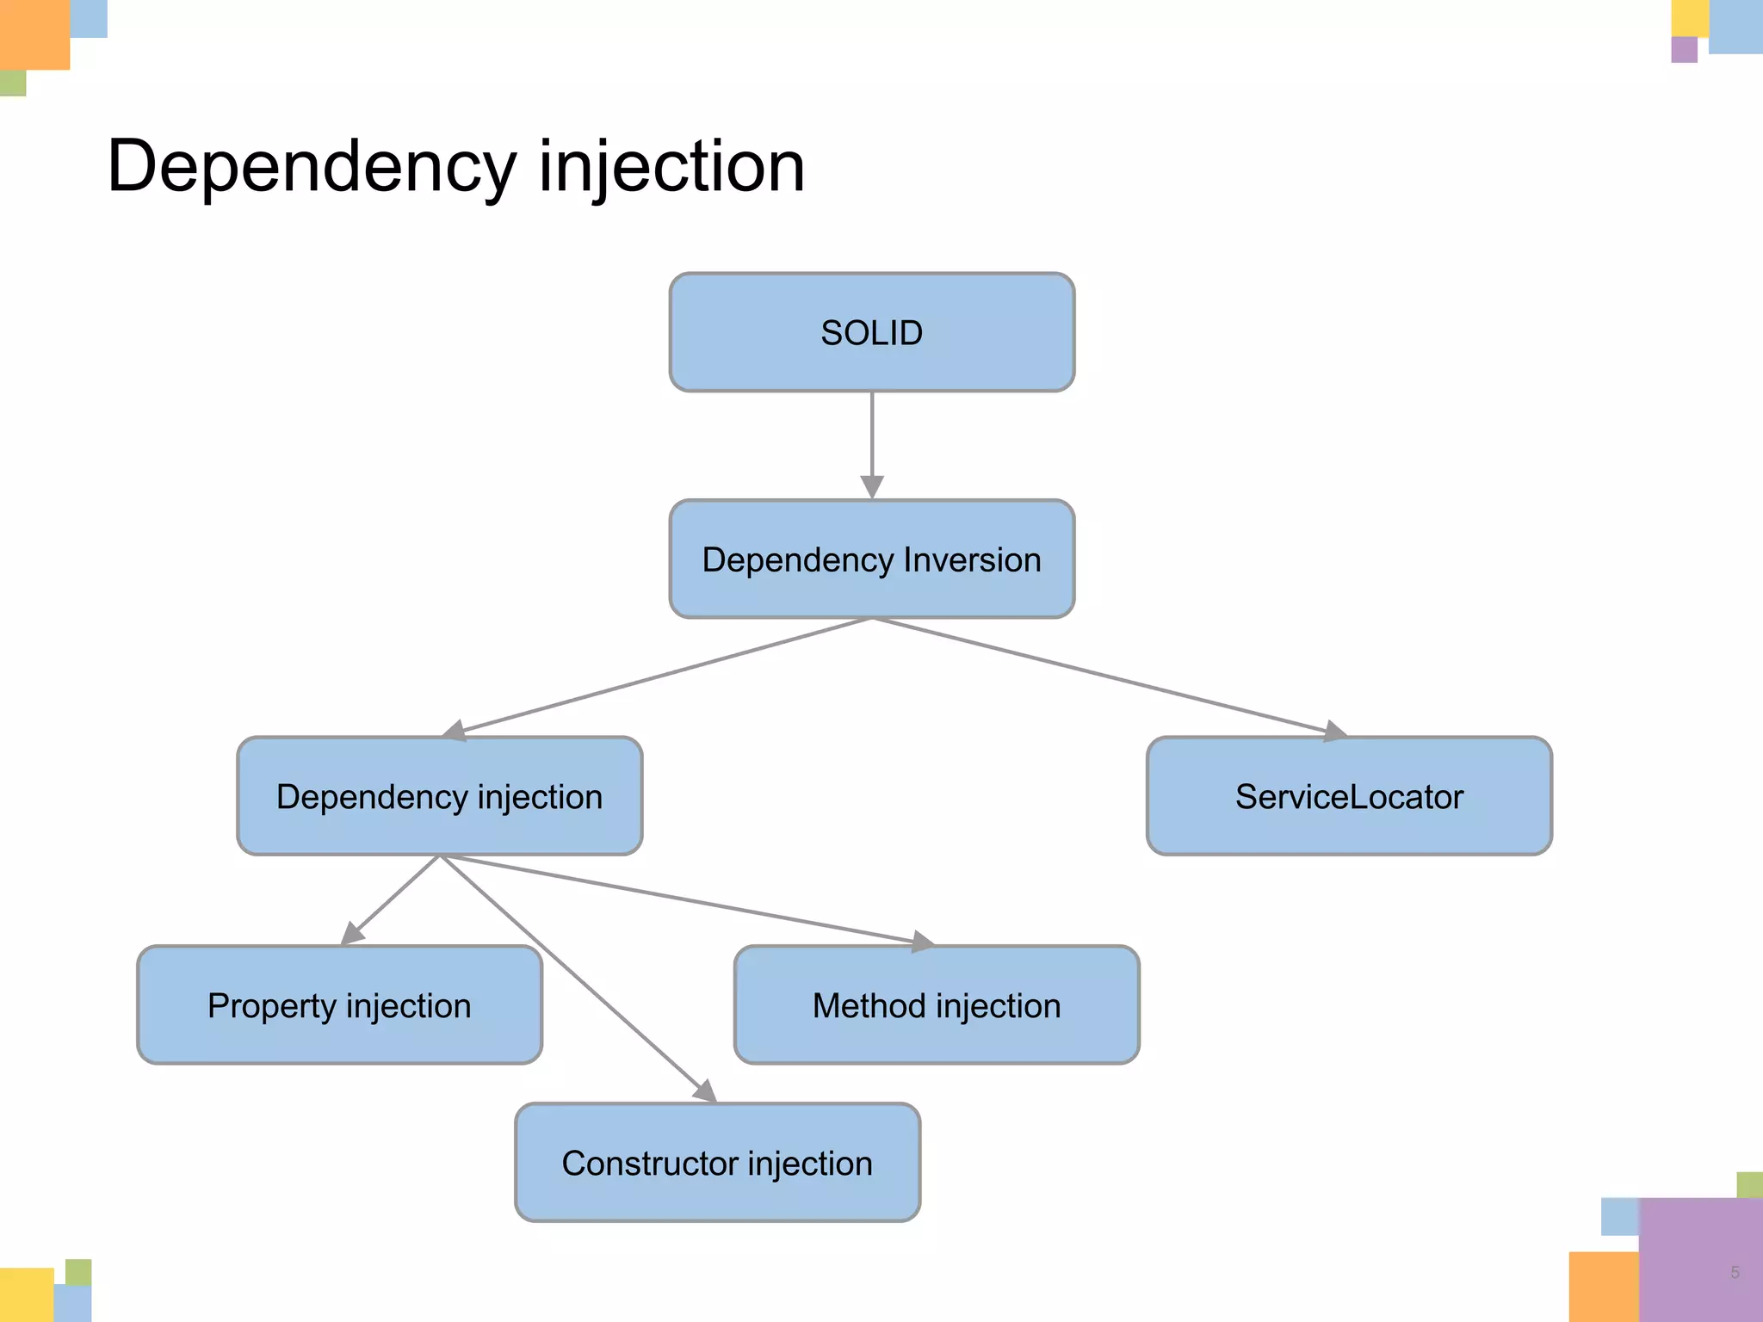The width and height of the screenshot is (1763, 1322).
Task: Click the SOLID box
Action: click(x=871, y=332)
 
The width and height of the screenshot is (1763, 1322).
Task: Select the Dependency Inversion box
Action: click(x=871, y=559)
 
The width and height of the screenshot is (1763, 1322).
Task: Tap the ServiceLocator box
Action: click(x=1349, y=796)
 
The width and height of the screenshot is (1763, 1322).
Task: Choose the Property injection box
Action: click(x=339, y=1005)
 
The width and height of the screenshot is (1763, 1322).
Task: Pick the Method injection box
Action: click(x=937, y=1005)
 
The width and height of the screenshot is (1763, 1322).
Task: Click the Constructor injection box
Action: click(x=717, y=1163)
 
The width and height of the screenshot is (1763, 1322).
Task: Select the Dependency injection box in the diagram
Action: click(x=439, y=796)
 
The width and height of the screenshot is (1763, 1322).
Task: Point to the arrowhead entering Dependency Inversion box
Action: click(x=872, y=486)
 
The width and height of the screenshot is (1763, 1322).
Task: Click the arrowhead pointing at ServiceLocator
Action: click(x=1333, y=732)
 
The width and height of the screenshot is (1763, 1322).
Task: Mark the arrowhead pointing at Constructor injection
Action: click(x=706, y=1091)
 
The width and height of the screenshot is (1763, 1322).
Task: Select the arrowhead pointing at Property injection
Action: click(x=352, y=934)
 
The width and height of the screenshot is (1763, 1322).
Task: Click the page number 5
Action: click(x=1735, y=1272)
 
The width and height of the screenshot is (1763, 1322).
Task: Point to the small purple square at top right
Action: click(x=1684, y=49)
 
